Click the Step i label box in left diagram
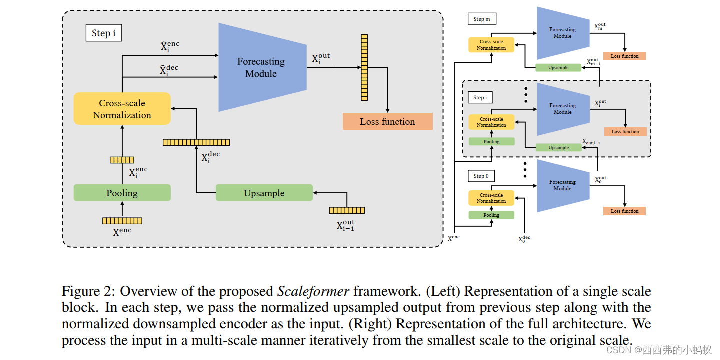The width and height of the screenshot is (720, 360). pos(104,33)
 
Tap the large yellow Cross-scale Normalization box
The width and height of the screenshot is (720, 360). pos(122,109)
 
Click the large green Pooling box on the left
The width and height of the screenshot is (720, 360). pos(122,193)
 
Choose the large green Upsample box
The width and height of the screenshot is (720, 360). pos(264,193)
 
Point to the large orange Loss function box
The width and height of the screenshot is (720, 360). pos(387,122)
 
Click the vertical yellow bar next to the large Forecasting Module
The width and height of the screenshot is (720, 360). pos(364,67)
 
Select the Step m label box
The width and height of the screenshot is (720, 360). pos(482,19)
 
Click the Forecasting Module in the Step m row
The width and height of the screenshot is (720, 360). pos(562,33)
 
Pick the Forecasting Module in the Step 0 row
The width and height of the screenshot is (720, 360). pos(562,185)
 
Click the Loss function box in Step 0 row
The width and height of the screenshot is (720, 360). pos(624,211)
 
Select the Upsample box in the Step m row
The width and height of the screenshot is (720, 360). pos(558,68)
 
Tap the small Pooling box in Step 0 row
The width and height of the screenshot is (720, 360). pos(491,215)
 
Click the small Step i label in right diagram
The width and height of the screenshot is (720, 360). pos(480,97)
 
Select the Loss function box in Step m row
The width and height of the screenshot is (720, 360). pos(624,56)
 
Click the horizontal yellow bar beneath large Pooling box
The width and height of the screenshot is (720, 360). pos(122,221)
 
